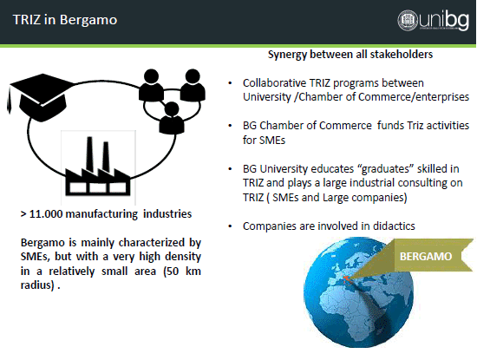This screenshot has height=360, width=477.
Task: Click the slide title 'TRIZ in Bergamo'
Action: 65,20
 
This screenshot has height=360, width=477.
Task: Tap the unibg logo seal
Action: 408,20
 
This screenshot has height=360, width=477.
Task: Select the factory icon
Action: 98,167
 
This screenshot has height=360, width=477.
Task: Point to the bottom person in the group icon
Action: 172,118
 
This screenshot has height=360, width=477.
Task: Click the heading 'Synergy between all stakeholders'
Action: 350,55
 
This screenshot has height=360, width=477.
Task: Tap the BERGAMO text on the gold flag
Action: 426,256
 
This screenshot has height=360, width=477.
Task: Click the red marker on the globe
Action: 346,278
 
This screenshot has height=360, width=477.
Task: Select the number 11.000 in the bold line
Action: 46,214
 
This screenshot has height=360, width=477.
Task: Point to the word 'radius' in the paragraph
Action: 37,285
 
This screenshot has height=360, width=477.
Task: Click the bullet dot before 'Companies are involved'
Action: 231,226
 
